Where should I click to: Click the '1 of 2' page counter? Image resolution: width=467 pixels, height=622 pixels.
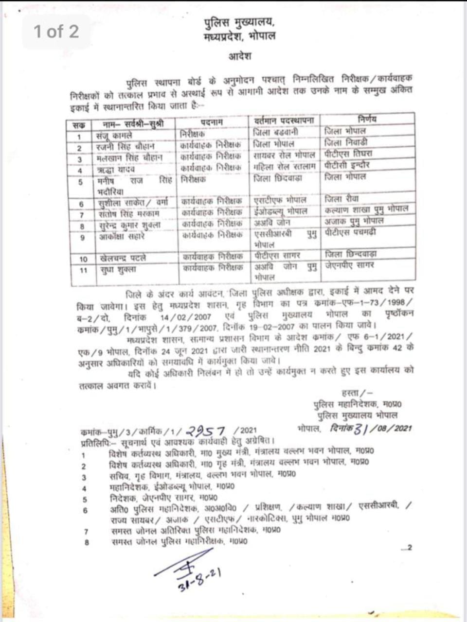pos(56,32)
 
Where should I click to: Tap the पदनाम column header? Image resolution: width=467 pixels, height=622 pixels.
pos(211,121)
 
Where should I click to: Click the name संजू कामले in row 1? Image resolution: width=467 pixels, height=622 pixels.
pos(114,136)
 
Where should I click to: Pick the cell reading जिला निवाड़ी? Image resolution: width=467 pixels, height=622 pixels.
pos(346,142)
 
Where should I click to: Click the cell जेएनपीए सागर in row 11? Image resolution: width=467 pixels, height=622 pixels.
pos(350,265)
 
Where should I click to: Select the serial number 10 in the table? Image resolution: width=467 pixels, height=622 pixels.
pos(83,259)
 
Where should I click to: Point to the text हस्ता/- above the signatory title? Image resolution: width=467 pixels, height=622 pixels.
pos(357,392)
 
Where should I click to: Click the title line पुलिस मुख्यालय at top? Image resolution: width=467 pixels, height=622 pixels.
pos(238,23)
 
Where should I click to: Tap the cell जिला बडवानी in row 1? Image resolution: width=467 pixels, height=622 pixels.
pos(276,132)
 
